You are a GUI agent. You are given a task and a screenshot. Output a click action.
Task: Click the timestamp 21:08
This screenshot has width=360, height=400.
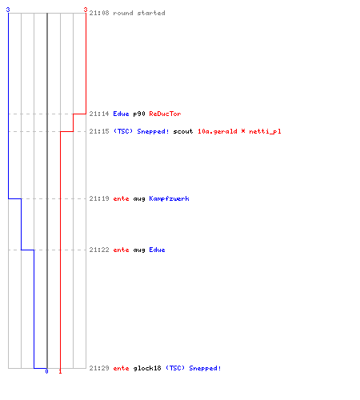(x=99, y=13)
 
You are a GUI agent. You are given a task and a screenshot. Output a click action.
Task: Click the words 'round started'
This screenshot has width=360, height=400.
(x=139, y=13)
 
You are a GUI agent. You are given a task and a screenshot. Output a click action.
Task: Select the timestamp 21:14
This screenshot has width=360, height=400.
(x=99, y=114)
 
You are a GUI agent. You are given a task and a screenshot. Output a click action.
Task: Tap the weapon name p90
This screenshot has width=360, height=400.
(x=139, y=114)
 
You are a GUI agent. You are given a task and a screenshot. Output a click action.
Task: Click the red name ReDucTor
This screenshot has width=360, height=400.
(x=165, y=114)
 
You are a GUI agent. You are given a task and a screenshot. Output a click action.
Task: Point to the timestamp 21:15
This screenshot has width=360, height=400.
(x=99, y=131)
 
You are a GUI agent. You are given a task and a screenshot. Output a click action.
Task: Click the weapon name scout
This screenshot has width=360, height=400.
(x=183, y=131)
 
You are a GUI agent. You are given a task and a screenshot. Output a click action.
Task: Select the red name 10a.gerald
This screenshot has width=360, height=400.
(x=218, y=132)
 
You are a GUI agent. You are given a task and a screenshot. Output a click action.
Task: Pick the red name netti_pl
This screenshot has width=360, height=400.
(x=265, y=132)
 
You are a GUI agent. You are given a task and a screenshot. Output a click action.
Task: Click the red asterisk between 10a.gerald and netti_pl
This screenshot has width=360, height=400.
(x=243, y=131)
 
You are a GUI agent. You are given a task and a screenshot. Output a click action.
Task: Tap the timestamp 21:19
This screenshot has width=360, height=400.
(x=99, y=198)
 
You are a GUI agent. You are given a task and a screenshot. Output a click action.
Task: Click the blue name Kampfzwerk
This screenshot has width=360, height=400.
(x=169, y=198)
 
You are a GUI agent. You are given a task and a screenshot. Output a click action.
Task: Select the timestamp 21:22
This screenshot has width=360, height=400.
(x=99, y=250)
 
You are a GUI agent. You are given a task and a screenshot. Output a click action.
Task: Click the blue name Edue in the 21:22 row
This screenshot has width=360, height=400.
(x=157, y=250)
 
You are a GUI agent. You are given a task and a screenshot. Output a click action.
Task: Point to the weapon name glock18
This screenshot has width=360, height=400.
(x=147, y=369)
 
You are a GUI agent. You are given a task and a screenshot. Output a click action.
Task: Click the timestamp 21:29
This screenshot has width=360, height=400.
(x=99, y=368)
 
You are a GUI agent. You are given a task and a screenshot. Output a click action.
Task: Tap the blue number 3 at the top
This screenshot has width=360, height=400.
(x=8, y=10)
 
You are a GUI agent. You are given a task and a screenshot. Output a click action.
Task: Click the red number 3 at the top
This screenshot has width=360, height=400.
(x=86, y=10)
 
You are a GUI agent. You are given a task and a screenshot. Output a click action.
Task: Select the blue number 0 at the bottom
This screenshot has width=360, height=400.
(x=46, y=371)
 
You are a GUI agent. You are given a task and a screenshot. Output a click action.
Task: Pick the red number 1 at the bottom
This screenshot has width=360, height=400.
(x=60, y=371)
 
